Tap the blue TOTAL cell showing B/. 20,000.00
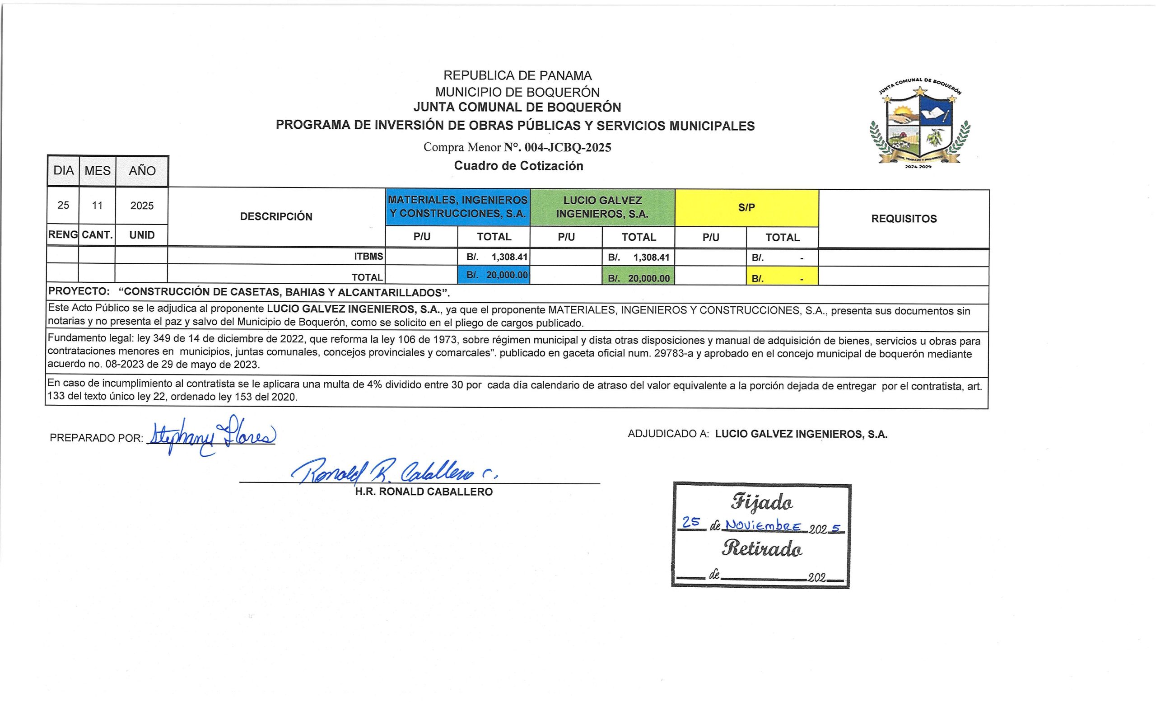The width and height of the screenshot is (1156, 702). (494, 275)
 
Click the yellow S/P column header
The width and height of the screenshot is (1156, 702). (746, 207)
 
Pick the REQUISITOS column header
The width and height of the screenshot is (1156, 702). (904, 219)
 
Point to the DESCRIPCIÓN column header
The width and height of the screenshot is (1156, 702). (276, 216)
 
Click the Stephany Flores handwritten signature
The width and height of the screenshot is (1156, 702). (211, 435)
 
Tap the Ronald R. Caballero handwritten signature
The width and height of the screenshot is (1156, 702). (394, 472)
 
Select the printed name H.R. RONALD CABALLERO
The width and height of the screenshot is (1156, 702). (424, 492)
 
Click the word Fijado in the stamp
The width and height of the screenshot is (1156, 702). (762, 502)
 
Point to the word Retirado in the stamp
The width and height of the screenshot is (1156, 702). (762, 548)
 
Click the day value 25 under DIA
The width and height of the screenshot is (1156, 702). (63, 205)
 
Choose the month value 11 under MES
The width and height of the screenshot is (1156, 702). (97, 206)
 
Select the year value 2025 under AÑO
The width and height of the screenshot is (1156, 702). (142, 206)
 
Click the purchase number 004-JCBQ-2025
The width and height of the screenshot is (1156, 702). (568, 147)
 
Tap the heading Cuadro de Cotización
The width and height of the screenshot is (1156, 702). (518, 166)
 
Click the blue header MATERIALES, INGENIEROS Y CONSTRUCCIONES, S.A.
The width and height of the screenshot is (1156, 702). (457, 206)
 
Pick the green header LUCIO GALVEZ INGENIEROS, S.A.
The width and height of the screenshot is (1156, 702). (602, 207)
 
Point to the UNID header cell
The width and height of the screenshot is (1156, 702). (142, 234)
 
